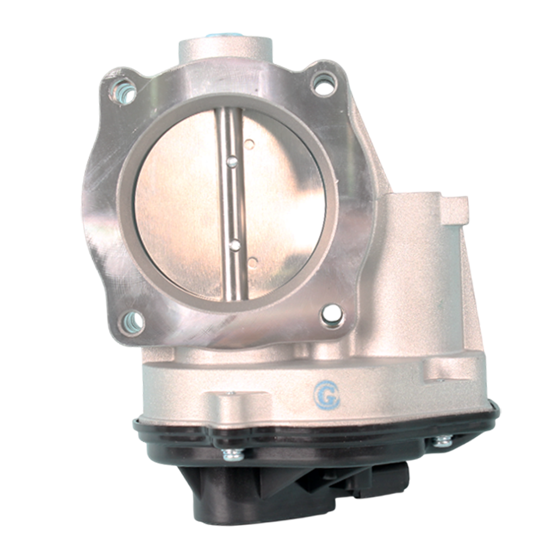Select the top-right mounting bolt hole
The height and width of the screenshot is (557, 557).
[x=324, y=83]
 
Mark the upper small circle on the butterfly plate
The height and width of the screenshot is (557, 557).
[x=249, y=144]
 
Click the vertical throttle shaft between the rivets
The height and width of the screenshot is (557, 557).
[x=233, y=204]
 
